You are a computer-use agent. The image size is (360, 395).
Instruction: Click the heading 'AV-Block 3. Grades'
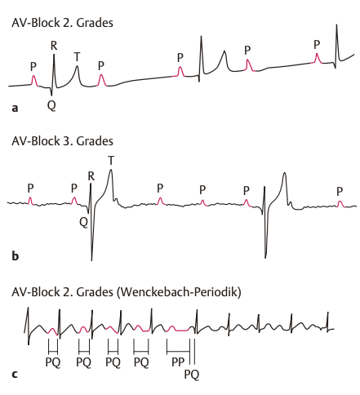pos(62,141)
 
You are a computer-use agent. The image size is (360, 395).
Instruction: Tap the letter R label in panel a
pos(54,46)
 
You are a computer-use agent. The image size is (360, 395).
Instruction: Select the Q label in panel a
pos(51,105)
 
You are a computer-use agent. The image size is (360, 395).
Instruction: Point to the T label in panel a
pos(77,57)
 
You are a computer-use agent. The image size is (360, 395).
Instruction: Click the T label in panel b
pos(111,161)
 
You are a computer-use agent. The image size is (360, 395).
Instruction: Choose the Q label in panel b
pos(84,223)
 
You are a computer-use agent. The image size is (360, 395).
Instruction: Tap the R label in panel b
pos(91,176)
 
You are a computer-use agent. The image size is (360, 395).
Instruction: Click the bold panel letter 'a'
pos(15,109)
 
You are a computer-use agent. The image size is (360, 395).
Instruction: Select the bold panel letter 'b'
pos(16,255)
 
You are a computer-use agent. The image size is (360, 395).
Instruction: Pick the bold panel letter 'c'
pos(15,375)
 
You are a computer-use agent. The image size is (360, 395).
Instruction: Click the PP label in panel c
pos(178,362)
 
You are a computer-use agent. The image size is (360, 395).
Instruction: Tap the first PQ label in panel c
pos(53,362)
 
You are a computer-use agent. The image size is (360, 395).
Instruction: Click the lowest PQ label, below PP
pos(192,375)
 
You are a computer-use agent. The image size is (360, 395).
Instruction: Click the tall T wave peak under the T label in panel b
pos(110,170)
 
